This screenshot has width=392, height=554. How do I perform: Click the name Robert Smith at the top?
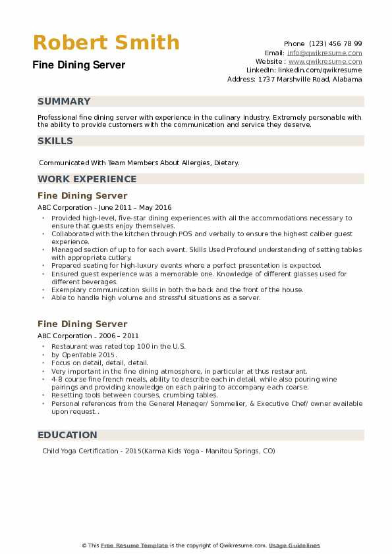coord(106,42)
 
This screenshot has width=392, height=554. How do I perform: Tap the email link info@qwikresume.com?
coord(324,53)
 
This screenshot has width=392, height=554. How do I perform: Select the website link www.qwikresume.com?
coord(325,61)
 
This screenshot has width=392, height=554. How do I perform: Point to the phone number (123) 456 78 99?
coord(335,43)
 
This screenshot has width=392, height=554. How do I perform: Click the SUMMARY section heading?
coord(64,101)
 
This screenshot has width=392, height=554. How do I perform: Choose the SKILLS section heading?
coord(55,141)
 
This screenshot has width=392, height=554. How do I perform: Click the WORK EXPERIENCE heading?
coord(87,179)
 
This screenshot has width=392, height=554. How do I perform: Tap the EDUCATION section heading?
coord(67,435)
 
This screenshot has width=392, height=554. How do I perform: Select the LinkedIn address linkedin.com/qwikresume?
coord(320,70)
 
